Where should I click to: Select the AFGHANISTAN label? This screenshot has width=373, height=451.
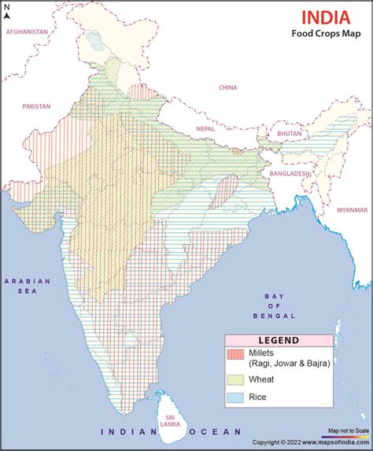coord(28,31)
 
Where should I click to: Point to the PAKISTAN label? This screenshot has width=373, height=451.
coord(36,105)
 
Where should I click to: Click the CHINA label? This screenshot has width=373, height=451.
coord(227,87)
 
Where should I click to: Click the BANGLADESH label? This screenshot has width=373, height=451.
coord(289,173)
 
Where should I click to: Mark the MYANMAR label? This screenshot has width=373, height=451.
coord(352,210)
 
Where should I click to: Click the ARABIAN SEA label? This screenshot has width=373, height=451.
coord(26,286)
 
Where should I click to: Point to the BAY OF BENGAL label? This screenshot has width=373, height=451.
coord(273,305)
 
